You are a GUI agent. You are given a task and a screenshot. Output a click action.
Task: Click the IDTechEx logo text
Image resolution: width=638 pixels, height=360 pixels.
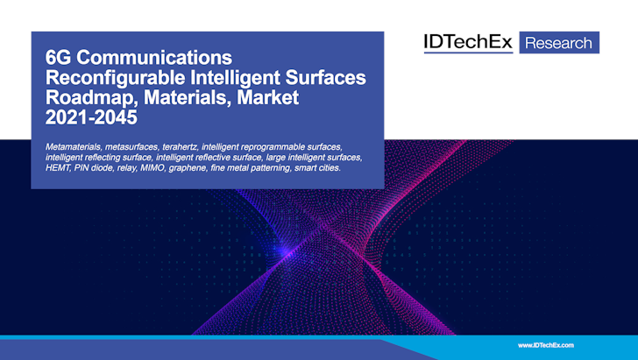[468, 42]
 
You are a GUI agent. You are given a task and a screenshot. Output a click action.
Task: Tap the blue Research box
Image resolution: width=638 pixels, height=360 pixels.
[559, 42]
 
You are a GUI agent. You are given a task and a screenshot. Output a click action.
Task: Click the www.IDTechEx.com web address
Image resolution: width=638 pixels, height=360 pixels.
[546, 345]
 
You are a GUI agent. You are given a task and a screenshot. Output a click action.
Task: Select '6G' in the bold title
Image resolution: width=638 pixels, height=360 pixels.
[58, 58]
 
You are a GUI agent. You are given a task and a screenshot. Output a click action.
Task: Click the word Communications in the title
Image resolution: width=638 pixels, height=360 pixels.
[154, 58]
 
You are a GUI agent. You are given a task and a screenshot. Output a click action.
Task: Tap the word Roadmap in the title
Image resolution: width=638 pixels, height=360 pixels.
[92, 98]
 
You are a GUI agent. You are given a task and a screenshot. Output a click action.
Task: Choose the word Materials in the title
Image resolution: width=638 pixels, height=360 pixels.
[188, 97]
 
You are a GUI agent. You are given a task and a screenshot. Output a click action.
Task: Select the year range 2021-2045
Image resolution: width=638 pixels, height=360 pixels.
[91, 117]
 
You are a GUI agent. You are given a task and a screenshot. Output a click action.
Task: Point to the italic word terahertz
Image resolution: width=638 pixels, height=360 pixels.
[180, 147]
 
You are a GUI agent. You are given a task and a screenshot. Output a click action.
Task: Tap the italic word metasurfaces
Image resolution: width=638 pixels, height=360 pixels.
[131, 147]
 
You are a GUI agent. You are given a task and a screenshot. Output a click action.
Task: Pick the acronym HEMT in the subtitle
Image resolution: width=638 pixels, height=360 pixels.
[57, 168]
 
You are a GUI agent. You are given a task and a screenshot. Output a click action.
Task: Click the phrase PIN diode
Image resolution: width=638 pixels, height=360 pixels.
[94, 168]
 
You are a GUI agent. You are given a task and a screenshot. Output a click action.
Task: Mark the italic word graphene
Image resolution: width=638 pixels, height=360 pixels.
[188, 168]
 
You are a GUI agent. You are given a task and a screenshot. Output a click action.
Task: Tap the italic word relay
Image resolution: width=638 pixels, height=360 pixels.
[126, 168]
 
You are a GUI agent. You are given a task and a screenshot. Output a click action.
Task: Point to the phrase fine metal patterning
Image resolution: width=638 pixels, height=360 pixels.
[251, 168]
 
